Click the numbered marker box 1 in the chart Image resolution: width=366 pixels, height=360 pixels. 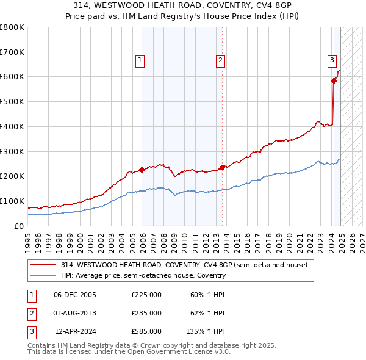coord(140,60)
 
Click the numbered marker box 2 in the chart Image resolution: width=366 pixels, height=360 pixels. coord(220,60)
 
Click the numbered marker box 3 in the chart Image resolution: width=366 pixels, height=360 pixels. coord(332,60)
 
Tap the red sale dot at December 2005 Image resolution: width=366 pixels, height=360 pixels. coord(142,170)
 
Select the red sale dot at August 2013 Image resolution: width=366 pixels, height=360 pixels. coord(222,167)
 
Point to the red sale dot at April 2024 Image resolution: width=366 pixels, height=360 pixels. coord(334,81)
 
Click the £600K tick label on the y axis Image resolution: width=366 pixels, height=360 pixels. coord(12,77)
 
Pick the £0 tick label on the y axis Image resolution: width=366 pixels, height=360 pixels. coord(19,226)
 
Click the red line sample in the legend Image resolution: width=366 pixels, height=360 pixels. coord(43,265)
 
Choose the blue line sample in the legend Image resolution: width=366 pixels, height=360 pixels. coord(43,275)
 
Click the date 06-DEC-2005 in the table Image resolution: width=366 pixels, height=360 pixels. coord(75,295)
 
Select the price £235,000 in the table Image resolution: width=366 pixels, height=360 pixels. coord(146,313)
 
